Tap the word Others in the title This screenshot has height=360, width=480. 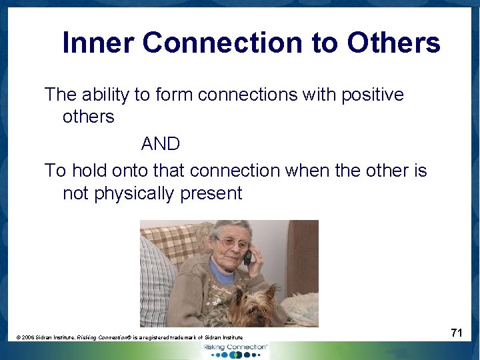pyautogui.click(x=393, y=43)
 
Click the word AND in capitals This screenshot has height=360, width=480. pyautogui.click(x=161, y=143)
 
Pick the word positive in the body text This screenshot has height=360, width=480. pyautogui.click(x=373, y=95)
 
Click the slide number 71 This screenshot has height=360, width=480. pyautogui.click(x=456, y=333)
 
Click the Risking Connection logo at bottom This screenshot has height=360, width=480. pyautogui.click(x=237, y=349)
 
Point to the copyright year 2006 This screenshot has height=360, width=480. pyautogui.click(x=31, y=339)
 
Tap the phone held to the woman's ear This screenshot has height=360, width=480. pyautogui.click(x=247, y=257)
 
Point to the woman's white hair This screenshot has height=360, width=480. pyautogui.click(x=230, y=228)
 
